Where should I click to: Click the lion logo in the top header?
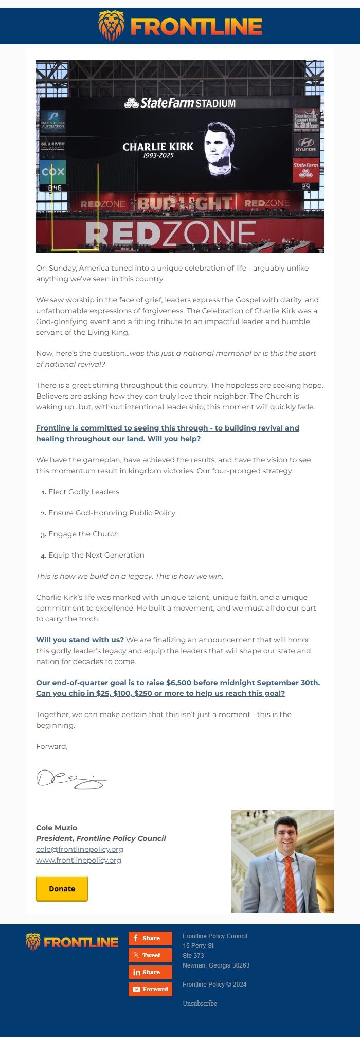coord(111,26)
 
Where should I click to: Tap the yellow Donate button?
coord(62,888)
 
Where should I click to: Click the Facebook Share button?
coord(150,938)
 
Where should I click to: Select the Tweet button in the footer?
coord(150,955)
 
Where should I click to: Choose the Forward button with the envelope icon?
coord(150,989)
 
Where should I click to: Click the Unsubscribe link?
coord(200,1003)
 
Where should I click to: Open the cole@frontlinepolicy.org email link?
coord(80,849)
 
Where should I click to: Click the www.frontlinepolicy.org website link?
coord(79,860)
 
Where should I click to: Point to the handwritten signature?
coord(72,779)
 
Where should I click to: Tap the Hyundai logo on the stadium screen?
coord(306,144)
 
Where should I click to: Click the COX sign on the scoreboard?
coord(53,171)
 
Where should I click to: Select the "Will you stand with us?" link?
coord(80,640)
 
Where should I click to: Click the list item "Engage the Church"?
coord(83,534)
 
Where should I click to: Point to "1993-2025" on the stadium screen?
coord(158,155)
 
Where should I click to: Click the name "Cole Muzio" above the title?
coord(57,827)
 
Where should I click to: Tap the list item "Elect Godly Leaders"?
coord(84,492)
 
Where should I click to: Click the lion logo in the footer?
coord(33,942)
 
